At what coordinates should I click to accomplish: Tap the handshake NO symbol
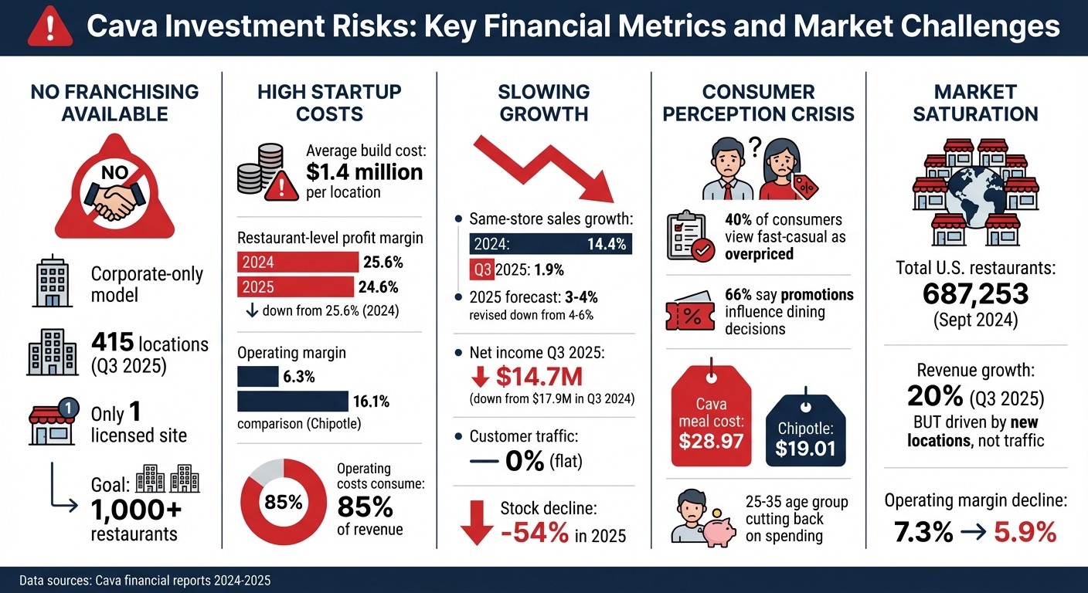(x=114, y=194)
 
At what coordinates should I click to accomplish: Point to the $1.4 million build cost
(x=364, y=171)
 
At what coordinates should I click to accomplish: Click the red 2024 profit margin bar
(x=298, y=262)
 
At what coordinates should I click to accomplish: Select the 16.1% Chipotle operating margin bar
(x=292, y=401)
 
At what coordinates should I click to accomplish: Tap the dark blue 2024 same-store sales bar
(x=550, y=245)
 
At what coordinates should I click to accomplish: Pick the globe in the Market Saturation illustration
(x=976, y=198)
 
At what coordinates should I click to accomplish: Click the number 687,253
(x=975, y=294)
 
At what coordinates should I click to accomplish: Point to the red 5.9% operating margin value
(x=1025, y=532)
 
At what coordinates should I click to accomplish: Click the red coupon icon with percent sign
(x=688, y=311)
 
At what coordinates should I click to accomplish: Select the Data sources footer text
(x=145, y=579)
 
